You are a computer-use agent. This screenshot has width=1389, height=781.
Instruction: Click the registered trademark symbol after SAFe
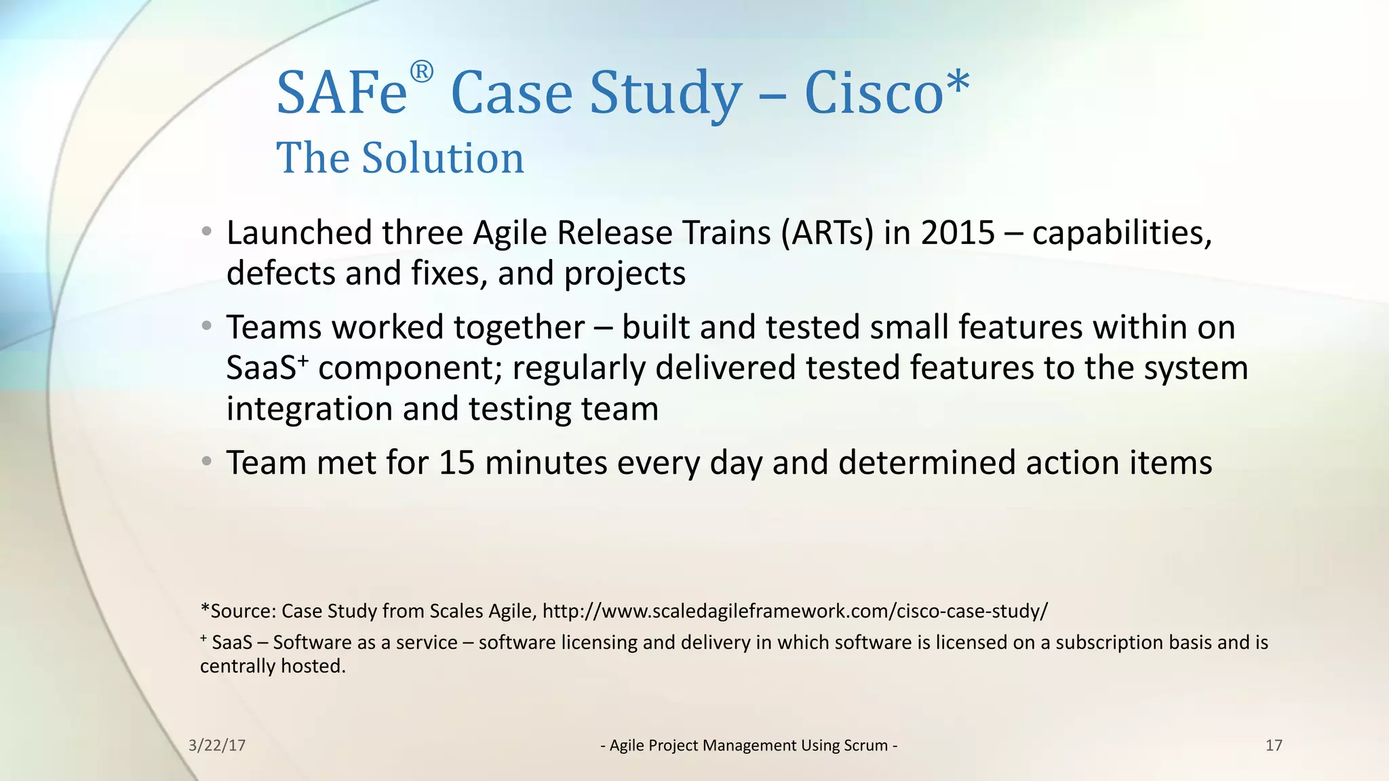pyautogui.click(x=421, y=72)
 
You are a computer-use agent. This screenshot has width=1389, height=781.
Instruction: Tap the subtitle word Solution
pyautogui.click(x=443, y=158)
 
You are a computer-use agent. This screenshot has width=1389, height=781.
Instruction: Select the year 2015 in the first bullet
pyautogui.click(x=957, y=233)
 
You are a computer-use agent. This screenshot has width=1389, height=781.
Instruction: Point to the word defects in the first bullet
pyautogui.click(x=280, y=273)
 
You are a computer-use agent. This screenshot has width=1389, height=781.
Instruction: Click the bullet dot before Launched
pyautogui.click(x=207, y=232)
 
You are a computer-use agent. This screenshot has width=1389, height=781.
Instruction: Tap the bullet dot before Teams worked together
pyautogui.click(x=207, y=327)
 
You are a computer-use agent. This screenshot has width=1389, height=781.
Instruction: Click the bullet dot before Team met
pyautogui.click(x=207, y=462)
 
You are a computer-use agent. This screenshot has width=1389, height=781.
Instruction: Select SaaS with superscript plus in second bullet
pyautogui.click(x=267, y=368)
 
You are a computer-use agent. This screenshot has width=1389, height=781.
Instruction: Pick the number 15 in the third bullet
pyautogui.click(x=456, y=463)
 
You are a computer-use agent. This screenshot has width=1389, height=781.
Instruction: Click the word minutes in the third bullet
pyautogui.click(x=546, y=463)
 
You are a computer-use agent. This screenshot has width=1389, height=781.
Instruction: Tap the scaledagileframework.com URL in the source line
pyautogui.click(x=795, y=611)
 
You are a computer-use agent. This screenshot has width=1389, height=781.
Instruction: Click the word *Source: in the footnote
pyautogui.click(x=238, y=611)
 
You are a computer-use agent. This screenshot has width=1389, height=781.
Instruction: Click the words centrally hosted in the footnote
pyautogui.click(x=273, y=666)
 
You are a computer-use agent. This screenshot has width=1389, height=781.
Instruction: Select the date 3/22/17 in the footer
pyautogui.click(x=217, y=745)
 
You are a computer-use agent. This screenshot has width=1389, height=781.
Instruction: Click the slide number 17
pyautogui.click(x=1274, y=745)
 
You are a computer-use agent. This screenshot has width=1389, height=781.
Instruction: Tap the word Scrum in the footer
pyautogui.click(x=865, y=745)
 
